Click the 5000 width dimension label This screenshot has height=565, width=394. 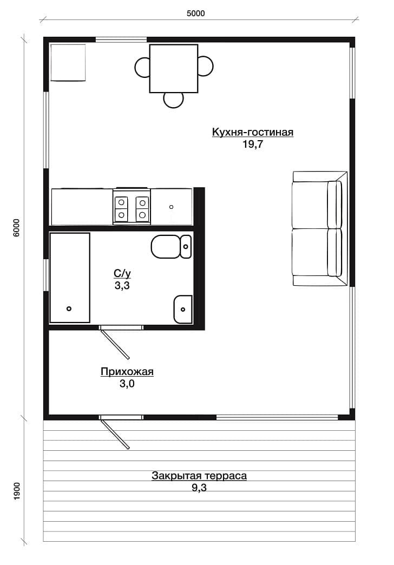pyautogui.click(x=196, y=14)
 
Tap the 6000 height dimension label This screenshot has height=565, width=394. pyautogui.click(x=16, y=228)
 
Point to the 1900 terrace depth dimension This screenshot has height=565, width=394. pyautogui.click(x=17, y=491)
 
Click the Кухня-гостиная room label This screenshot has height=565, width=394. pyautogui.click(x=252, y=132)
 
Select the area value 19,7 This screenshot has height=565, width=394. pyautogui.click(x=253, y=144)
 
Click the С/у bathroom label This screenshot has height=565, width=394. pyautogui.click(x=122, y=274)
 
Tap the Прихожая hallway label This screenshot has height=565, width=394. pyautogui.click(x=127, y=371)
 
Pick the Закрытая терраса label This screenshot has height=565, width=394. pyautogui.click(x=199, y=476)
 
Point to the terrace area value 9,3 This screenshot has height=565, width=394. pyautogui.click(x=199, y=488)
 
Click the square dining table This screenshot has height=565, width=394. pyautogui.click(x=174, y=69)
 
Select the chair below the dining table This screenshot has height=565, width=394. pyautogui.click(x=173, y=100)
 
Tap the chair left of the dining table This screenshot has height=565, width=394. pyautogui.click(x=142, y=67)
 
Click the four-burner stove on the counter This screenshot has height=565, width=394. pyautogui.click(x=132, y=209)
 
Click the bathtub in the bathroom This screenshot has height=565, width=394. pyautogui.click(x=70, y=278)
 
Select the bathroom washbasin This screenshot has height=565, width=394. pyautogui.click(x=183, y=309)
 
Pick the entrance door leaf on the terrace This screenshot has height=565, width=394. pyautogui.click(x=115, y=434)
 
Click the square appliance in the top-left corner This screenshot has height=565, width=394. pyautogui.click(x=68, y=63)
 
